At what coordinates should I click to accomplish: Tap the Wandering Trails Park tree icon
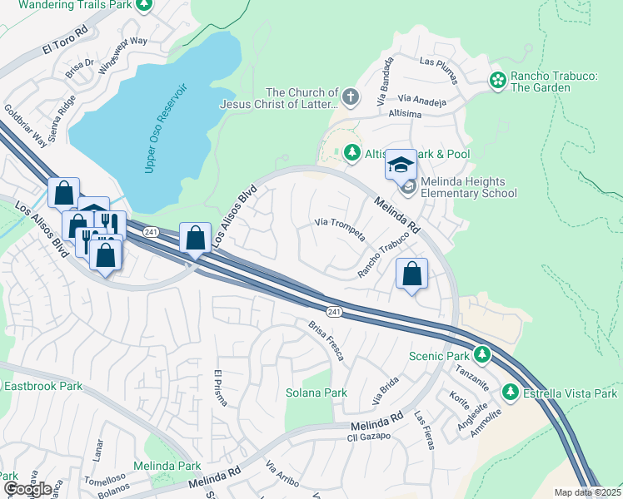[145, 5]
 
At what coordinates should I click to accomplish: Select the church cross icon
[351, 97]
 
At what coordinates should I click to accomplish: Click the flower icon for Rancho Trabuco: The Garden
[498, 81]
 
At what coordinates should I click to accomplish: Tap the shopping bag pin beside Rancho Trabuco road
[411, 274]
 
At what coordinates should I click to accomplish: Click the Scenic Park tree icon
[481, 355]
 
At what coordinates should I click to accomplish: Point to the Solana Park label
[316, 393]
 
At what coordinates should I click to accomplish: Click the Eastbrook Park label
[42, 386]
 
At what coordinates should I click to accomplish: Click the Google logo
[27, 489]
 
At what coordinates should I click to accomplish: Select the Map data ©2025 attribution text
[587, 492]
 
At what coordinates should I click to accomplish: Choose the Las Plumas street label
[439, 62]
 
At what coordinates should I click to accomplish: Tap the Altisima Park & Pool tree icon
[352, 153]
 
